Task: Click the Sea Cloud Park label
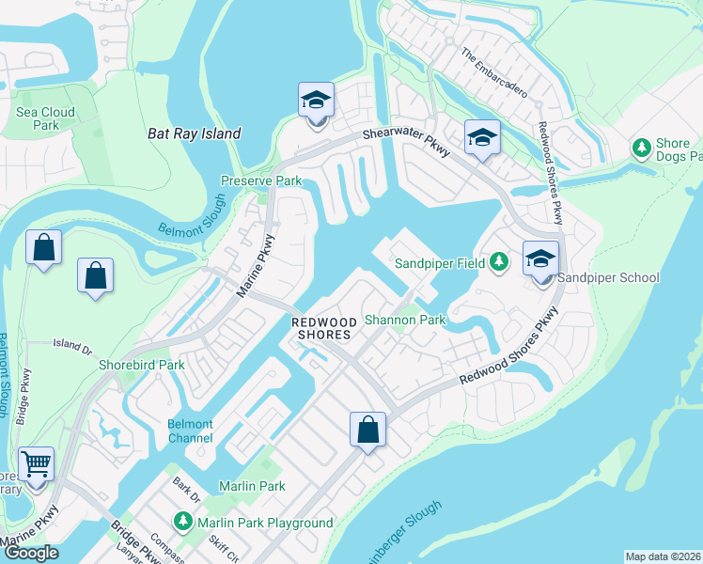tap(44, 118)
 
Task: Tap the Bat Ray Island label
tap(195, 134)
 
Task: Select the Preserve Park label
tap(260, 180)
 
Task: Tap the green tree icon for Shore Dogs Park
tap(642, 149)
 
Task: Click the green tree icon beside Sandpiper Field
tap(500, 262)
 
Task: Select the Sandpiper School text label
tap(608, 277)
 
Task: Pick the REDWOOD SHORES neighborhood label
tap(321, 327)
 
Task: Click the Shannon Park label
tap(404, 320)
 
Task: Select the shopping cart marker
tap(36, 463)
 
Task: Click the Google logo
tap(31, 553)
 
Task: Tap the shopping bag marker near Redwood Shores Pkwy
tap(368, 430)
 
